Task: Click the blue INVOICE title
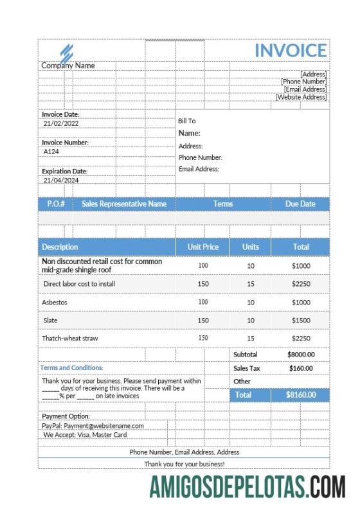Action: [291, 51]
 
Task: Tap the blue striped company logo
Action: [67, 52]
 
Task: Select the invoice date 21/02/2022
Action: [61, 123]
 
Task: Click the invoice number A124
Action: [51, 152]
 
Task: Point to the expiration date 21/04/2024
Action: [61, 181]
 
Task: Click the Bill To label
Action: [187, 121]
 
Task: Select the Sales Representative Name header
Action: [124, 204]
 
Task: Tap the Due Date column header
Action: [300, 204]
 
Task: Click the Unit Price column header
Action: [203, 247]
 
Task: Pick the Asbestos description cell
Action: [55, 302]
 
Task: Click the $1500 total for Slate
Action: [301, 320]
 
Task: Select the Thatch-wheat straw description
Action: [70, 338]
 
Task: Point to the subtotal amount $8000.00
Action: [301, 354]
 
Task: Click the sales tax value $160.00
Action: [301, 368]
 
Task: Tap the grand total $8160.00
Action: [301, 395]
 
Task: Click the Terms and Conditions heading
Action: [71, 367]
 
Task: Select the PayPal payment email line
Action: [93, 425]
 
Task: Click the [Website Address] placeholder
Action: [301, 97]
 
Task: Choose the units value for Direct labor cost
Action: [251, 283]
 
